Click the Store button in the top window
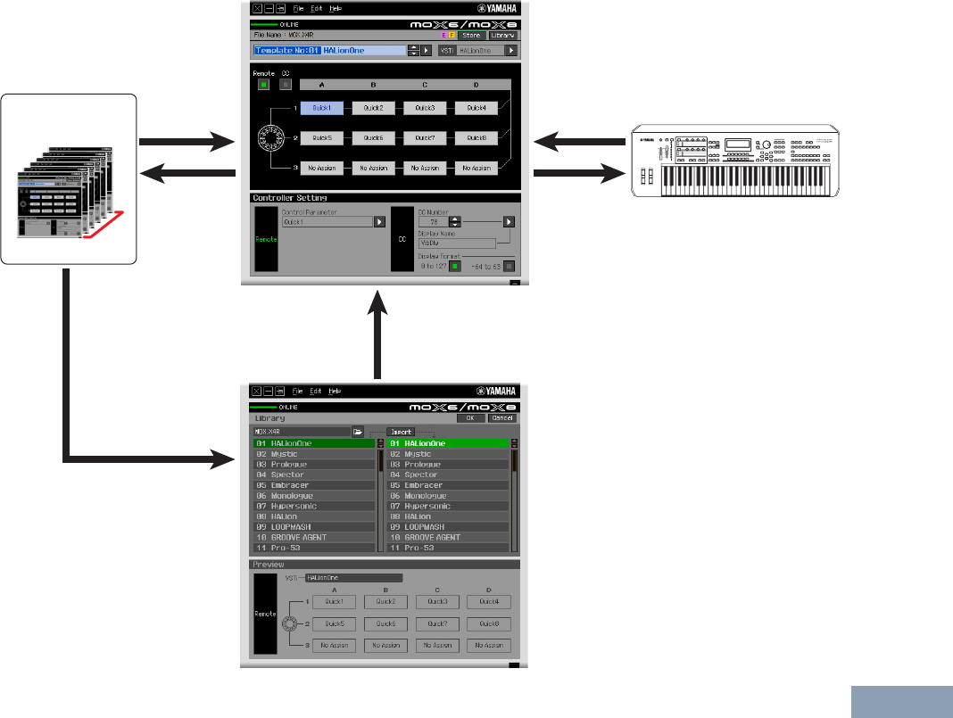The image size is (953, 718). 470,36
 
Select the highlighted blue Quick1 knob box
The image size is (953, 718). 322,108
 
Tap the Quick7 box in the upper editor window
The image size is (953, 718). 425,138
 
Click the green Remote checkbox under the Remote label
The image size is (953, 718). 263,85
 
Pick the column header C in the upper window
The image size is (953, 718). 425,85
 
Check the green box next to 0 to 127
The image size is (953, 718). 454,265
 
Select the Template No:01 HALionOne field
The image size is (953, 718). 329,51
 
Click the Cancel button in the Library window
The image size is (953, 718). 502,417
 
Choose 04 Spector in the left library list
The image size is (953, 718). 313,475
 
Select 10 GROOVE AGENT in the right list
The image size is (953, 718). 448,538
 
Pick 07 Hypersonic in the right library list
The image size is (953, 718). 448,507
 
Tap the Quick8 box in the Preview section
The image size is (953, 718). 488,624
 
